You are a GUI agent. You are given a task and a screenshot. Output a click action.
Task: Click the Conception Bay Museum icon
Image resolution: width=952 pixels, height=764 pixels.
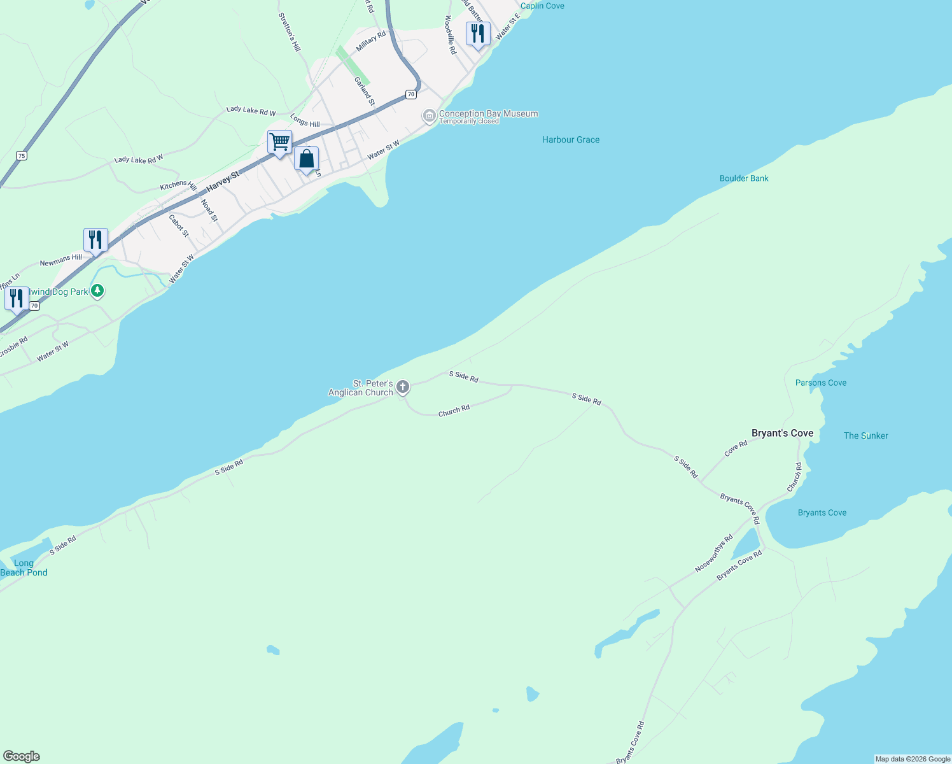[x=430, y=116]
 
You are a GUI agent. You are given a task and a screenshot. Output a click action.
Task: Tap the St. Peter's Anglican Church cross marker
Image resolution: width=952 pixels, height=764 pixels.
[x=402, y=386]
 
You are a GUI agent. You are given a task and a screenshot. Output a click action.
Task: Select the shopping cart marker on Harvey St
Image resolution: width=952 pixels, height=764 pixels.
[x=279, y=143]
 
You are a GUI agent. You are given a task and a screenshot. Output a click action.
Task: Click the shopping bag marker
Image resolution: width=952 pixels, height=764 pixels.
[x=306, y=159]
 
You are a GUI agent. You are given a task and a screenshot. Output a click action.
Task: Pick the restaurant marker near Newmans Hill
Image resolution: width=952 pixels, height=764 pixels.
[x=95, y=240]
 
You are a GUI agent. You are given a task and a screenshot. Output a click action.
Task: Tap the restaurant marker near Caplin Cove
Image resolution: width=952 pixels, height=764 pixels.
[x=478, y=34]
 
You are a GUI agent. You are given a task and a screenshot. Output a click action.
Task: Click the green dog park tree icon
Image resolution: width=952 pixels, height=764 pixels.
[x=97, y=291]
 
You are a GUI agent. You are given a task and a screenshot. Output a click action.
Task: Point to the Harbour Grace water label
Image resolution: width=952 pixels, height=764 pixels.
[x=570, y=139]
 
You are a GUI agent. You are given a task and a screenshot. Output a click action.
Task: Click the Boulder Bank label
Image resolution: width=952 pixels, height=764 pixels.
[x=743, y=178]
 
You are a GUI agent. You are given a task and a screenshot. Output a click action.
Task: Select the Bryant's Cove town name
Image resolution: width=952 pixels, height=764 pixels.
[x=782, y=433]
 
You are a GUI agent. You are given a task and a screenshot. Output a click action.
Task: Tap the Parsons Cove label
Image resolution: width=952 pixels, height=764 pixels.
[x=820, y=383]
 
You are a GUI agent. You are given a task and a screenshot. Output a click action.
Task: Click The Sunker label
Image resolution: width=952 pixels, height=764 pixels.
[x=865, y=435]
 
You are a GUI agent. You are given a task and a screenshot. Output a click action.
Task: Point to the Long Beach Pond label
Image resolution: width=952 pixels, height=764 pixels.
[x=24, y=567]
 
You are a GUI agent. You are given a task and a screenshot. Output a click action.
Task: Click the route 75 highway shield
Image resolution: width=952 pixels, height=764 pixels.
[x=22, y=155]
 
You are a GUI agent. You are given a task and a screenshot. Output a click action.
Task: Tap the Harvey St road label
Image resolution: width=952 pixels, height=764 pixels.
[x=223, y=181]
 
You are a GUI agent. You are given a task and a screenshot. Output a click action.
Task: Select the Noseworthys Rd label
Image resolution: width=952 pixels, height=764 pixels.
[x=713, y=553]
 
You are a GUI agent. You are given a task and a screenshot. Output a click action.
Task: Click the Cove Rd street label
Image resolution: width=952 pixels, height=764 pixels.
[x=736, y=449]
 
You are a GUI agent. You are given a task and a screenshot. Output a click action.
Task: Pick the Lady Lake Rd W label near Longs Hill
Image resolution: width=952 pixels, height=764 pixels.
[x=251, y=110]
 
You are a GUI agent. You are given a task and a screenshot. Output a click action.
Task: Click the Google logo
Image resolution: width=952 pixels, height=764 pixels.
[x=22, y=756]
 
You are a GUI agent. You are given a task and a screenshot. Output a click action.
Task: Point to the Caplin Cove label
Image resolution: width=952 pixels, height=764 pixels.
[x=542, y=6]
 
